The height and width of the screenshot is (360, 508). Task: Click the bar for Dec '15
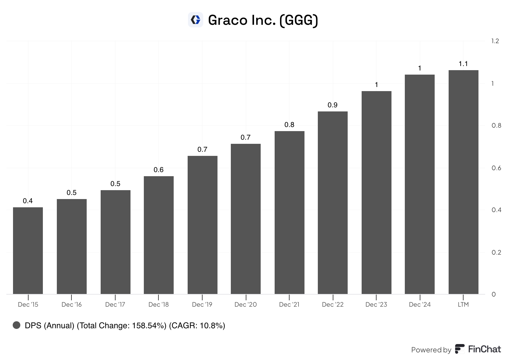pyautogui.click(x=28, y=251)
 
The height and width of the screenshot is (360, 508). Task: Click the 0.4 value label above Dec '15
pyautogui.click(x=28, y=201)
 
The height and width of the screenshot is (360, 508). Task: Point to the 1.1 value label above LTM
pyautogui.click(x=463, y=64)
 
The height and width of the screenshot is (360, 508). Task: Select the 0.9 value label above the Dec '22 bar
pyautogui.click(x=332, y=105)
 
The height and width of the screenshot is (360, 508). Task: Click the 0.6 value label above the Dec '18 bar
pyautogui.click(x=158, y=170)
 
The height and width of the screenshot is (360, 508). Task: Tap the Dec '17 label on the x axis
pyautogui.click(x=115, y=304)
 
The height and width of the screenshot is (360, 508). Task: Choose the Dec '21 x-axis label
pyautogui.click(x=289, y=304)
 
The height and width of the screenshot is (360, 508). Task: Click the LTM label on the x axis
pyautogui.click(x=463, y=304)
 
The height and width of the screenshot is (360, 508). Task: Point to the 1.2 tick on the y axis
pyautogui.click(x=495, y=41)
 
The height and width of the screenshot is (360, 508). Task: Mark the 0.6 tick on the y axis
pyautogui.click(x=496, y=168)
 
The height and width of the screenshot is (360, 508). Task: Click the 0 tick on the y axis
pyautogui.click(x=494, y=294)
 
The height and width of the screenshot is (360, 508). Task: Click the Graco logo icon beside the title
pyautogui.click(x=196, y=20)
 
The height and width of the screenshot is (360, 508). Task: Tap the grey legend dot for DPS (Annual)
pyautogui.click(x=17, y=325)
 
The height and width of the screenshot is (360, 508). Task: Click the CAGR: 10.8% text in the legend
pyautogui.click(x=197, y=326)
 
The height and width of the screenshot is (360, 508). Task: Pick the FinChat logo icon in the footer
pyautogui.click(x=459, y=349)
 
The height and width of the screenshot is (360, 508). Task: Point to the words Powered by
pyautogui.click(x=431, y=350)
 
